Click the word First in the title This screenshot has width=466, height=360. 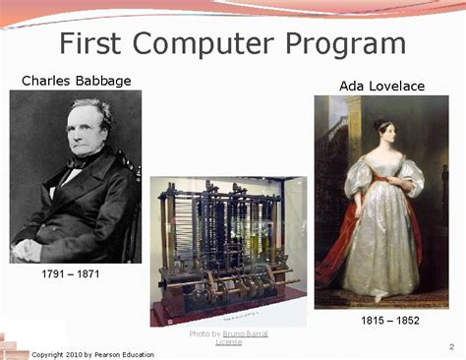(95, 44)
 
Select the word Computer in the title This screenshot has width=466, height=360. (211, 44)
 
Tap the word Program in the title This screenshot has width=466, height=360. (348, 44)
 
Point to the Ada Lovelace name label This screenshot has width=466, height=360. (382, 87)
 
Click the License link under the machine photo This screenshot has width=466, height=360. (229, 342)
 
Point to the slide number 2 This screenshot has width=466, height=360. (451, 345)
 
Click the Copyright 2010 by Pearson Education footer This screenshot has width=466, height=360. (92, 354)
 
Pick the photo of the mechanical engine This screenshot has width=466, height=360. (227, 251)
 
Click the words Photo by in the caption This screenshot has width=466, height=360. (204, 334)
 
